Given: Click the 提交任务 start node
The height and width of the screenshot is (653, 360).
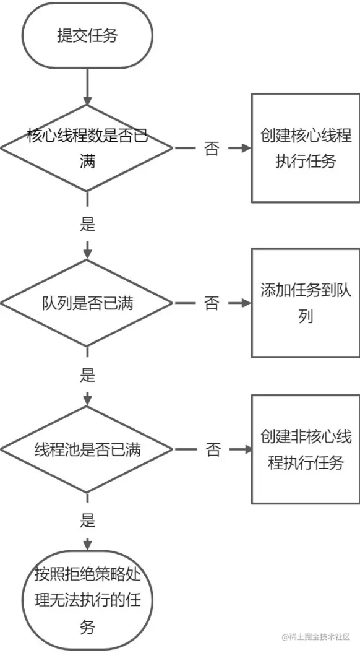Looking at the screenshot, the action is (x=87, y=35).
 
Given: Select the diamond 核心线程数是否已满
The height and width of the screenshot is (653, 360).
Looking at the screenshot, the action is (x=87, y=149).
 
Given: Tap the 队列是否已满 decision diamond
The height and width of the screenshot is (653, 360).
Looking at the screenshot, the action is (x=87, y=303).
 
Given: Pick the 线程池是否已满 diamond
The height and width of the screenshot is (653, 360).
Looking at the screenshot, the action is (x=87, y=450).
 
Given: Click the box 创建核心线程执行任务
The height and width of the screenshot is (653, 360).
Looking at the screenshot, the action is (x=305, y=148).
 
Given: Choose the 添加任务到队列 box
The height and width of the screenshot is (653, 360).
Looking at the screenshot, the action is (x=305, y=303).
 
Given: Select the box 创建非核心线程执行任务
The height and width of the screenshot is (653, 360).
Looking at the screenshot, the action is (x=305, y=449).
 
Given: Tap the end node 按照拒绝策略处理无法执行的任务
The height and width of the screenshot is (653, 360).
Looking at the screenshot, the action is (x=87, y=600).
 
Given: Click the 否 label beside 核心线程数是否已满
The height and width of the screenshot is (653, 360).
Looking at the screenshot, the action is (x=212, y=149).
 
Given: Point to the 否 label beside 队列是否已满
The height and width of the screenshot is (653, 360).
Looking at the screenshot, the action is (x=212, y=303).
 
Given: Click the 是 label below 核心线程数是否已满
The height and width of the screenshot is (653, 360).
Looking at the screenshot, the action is (x=87, y=225).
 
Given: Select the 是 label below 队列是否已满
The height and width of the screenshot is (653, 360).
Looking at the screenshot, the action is (x=87, y=376).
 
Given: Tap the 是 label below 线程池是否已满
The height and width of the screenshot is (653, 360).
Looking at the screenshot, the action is (x=87, y=521).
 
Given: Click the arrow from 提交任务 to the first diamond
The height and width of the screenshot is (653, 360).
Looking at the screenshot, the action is (x=87, y=86).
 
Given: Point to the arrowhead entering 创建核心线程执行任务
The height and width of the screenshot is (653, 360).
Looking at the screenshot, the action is (x=246, y=149).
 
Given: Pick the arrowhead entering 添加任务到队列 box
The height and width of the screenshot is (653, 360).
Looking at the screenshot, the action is (x=246, y=303).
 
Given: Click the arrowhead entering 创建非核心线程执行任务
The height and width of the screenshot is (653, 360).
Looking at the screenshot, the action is (x=246, y=450).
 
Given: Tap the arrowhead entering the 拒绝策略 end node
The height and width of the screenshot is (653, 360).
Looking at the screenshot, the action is (x=87, y=545).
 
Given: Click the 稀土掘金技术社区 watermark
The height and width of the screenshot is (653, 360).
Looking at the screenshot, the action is (x=315, y=637).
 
